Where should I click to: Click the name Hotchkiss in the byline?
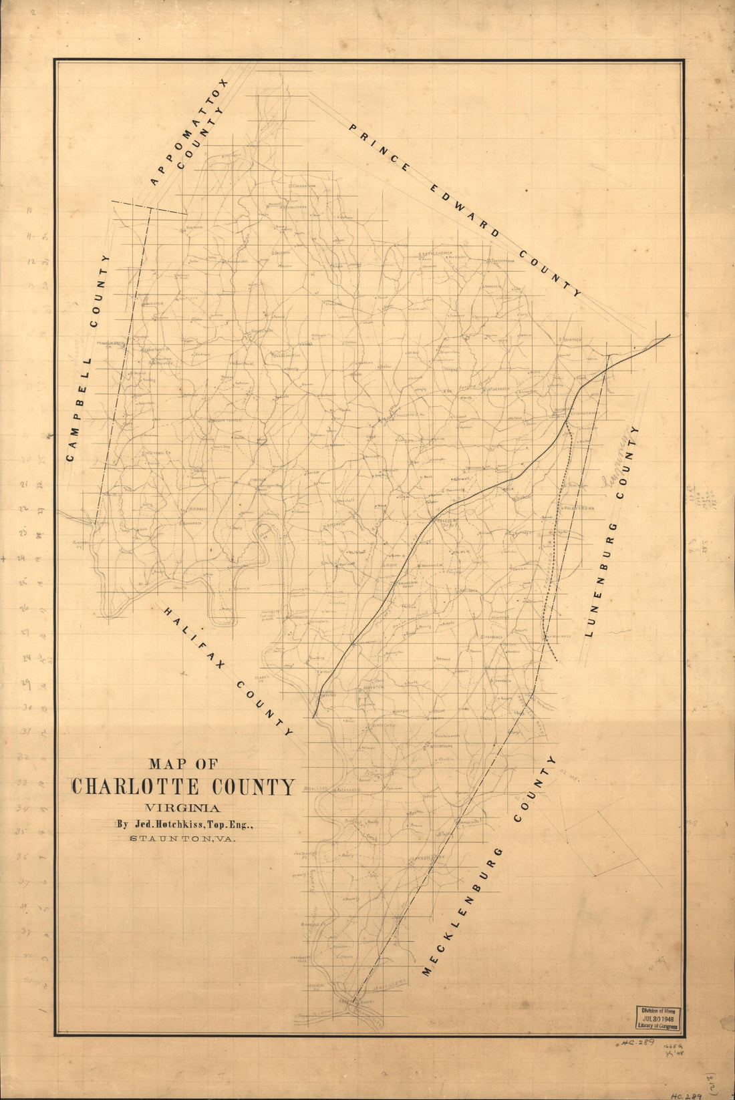pyautogui.click(x=182, y=824)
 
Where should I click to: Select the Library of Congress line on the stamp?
pyautogui.click(x=655, y=1027)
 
